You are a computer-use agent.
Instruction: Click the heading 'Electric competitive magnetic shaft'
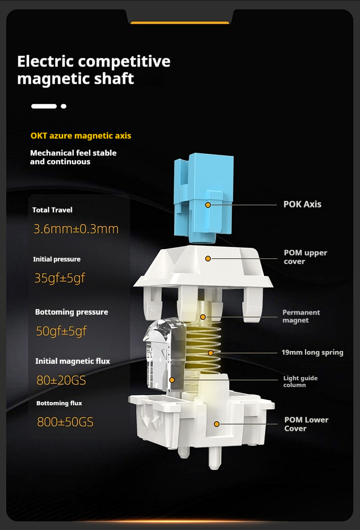(94, 70)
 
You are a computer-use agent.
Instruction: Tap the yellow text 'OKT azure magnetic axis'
(81, 136)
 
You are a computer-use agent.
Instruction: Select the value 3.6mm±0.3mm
(76, 229)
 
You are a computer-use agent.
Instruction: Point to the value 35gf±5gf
(60, 278)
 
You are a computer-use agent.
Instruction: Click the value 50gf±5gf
(61, 331)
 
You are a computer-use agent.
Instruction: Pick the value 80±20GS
(61, 381)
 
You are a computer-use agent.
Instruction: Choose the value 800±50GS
(65, 422)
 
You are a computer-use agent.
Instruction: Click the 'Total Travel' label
(52, 210)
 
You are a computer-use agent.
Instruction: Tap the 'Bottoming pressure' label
(72, 312)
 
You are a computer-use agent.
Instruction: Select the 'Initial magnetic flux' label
(73, 362)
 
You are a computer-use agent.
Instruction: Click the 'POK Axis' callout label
(303, 204)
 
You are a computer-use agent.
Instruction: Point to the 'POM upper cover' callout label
(305, 257)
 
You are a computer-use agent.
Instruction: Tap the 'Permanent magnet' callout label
(301, 316)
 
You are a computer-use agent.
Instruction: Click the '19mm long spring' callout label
(312, 352)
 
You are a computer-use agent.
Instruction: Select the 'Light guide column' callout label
(300, 381)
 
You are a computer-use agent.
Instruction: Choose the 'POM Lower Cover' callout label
(307, 424)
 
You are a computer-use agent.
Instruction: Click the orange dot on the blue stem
(208, 205)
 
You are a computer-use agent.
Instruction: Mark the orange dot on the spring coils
(211, 353)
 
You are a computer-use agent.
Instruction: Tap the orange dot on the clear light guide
(172, 380)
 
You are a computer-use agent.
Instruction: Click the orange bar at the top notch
(180, 23)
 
